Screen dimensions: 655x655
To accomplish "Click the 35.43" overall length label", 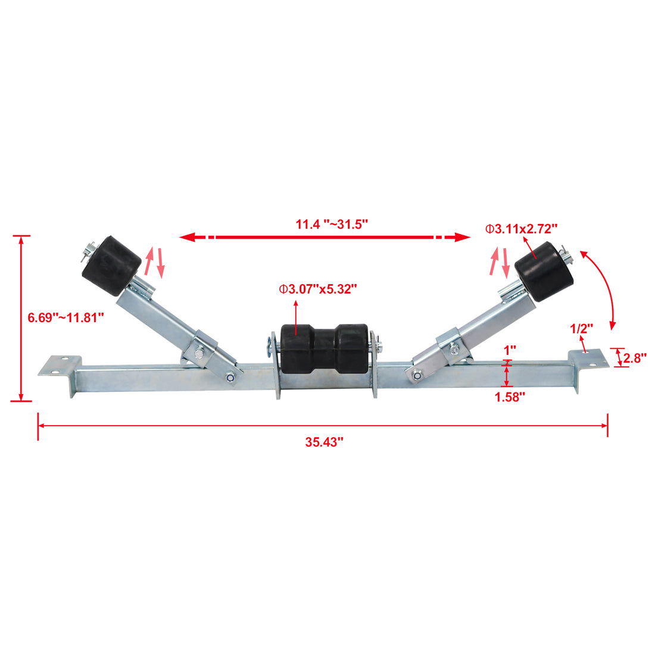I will [325, 442].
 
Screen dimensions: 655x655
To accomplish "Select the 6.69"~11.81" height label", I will [66, 317].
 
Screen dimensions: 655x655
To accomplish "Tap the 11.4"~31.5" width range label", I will [332, 224].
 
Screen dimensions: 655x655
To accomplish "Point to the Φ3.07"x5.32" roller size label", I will [319, 289].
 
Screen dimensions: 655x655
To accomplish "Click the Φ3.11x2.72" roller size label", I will [521, 228].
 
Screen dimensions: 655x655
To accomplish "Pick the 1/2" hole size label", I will [582, 328].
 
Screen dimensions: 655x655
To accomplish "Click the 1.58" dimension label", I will [510, 397].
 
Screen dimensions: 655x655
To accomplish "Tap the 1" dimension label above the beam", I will [510, 350].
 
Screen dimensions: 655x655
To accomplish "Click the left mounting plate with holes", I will [60, 366].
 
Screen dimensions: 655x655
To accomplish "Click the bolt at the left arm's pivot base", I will [230, 376].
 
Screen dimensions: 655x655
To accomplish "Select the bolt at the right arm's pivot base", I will [417, 375].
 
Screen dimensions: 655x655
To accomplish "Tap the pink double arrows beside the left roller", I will [154, 262].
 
